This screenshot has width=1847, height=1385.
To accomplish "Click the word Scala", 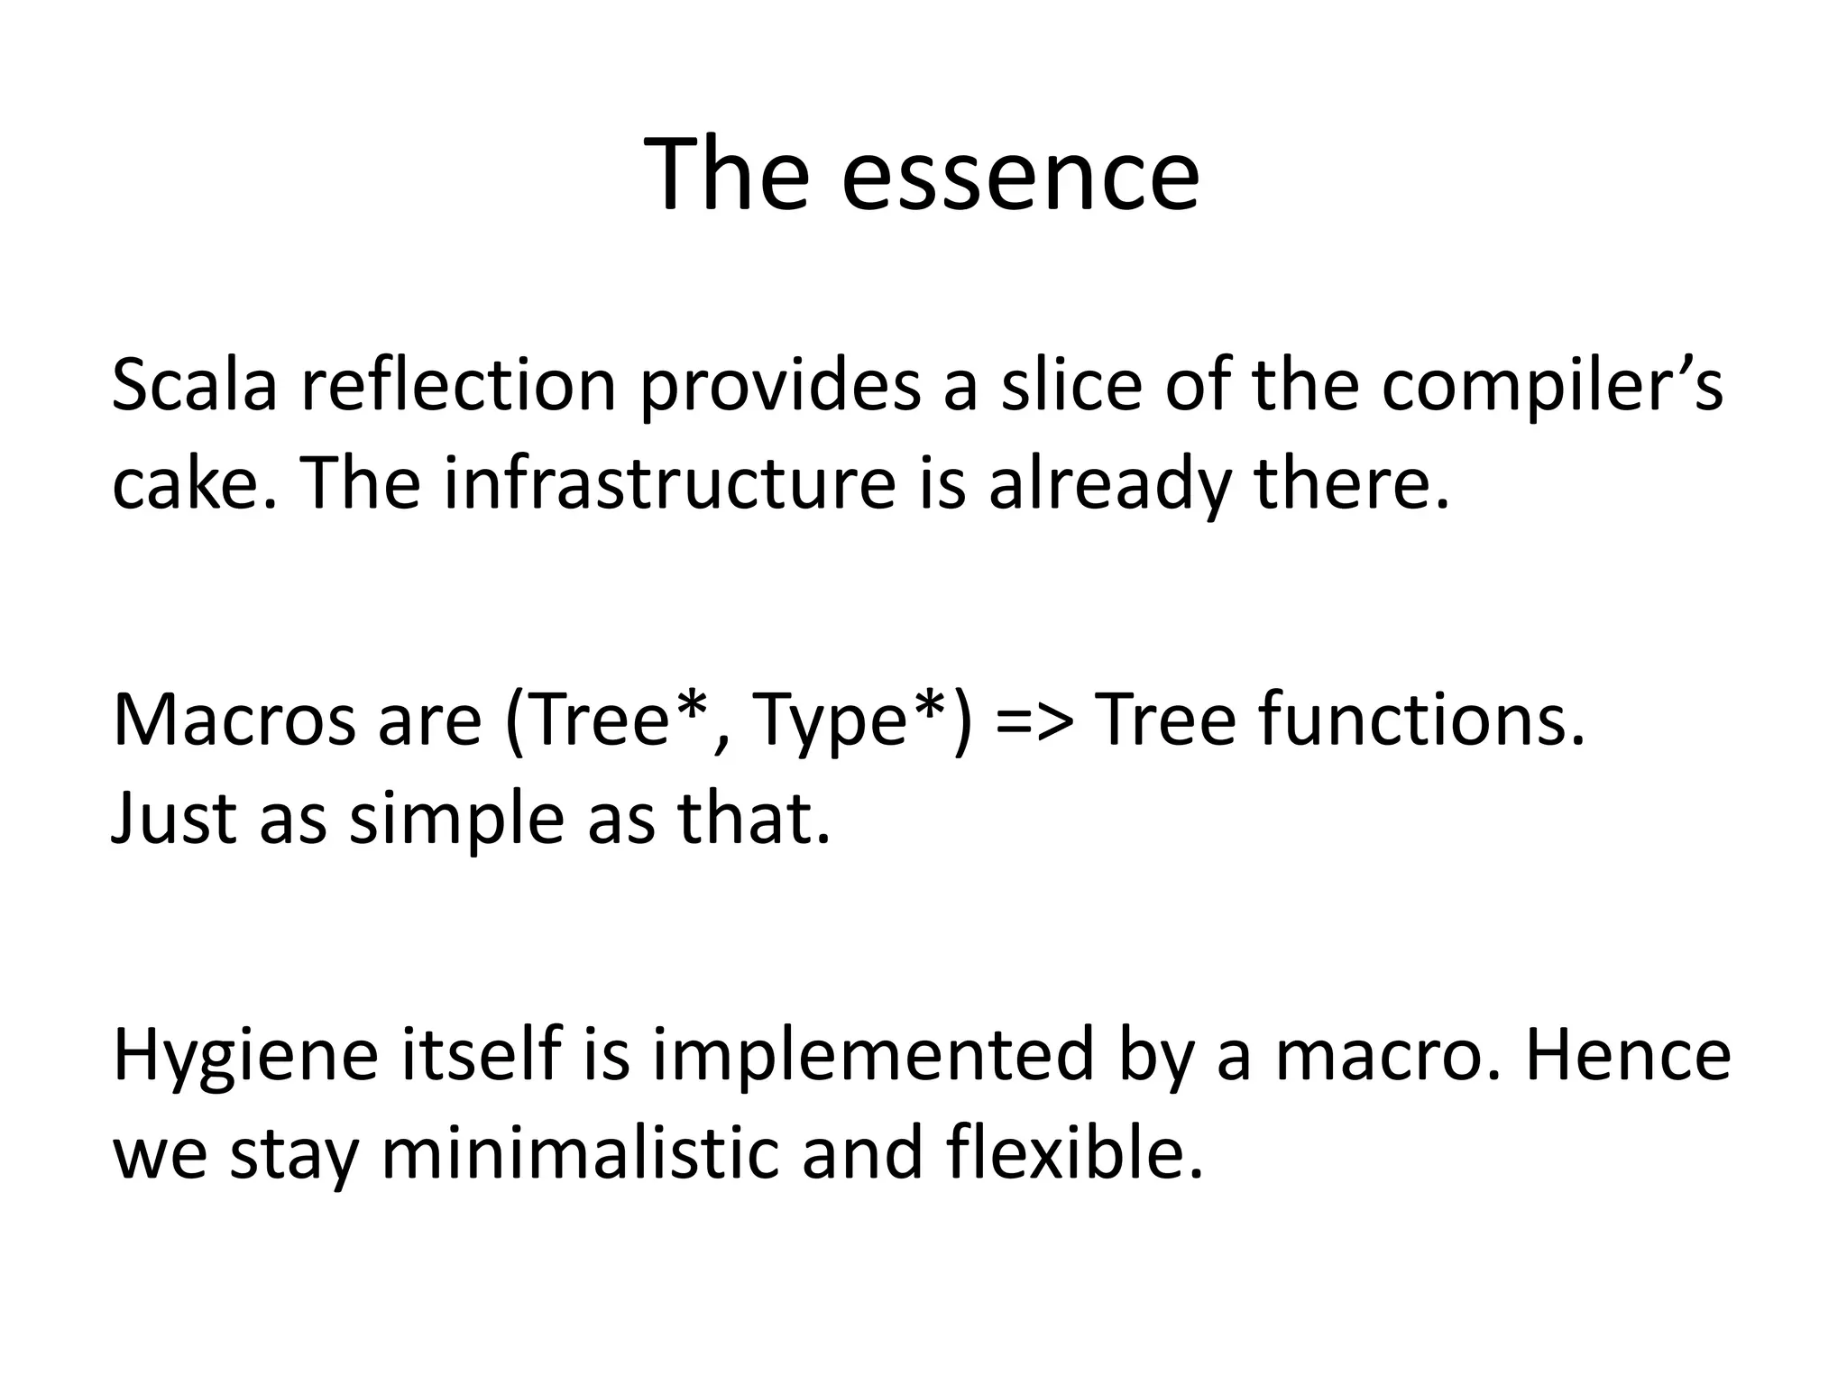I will [x=194, y=386].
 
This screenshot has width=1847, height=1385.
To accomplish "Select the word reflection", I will [x=458, y=386].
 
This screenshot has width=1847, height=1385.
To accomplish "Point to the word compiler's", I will [x=1551, y=386].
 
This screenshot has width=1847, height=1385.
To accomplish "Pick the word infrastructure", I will [x=669, y=484].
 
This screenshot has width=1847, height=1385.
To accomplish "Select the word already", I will [x=1110, y=484].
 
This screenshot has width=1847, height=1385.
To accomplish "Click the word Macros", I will [x=233, y=720].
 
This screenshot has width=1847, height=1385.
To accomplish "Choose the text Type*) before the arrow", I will [x=862, y=720].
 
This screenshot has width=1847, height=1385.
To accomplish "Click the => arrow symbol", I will [x=1035, y=720].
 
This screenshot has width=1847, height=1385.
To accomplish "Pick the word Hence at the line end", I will [x=1627, y=1056].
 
